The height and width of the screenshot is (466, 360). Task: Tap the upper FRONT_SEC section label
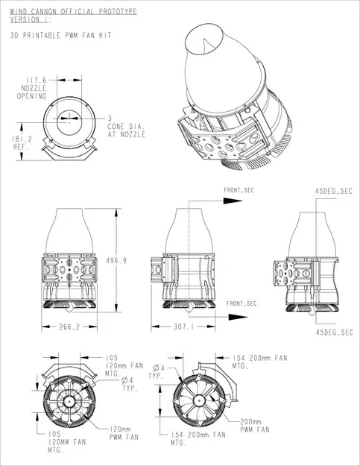(239, 191)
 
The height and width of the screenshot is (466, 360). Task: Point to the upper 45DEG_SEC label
(332, 191)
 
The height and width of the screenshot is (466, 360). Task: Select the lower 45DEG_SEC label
(332, 331)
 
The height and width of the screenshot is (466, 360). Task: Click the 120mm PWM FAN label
(124, 433)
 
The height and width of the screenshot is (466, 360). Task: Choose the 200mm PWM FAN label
(255, 426)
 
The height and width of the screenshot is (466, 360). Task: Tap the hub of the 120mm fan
(68, 402)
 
